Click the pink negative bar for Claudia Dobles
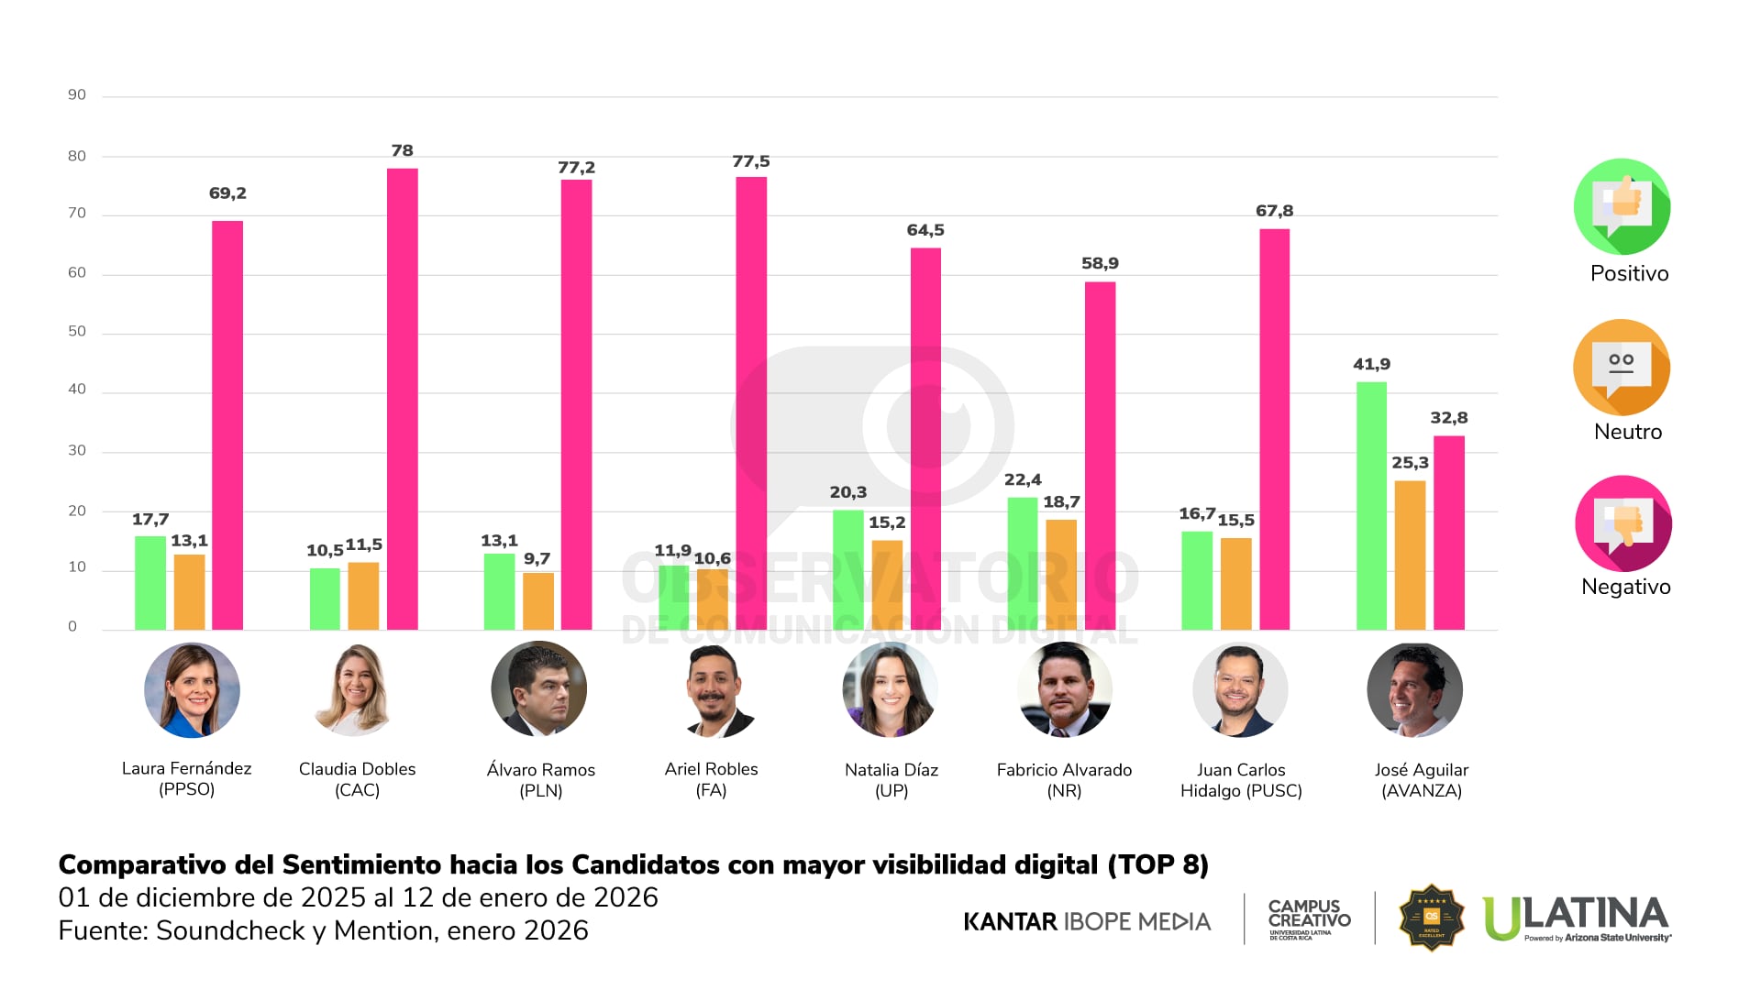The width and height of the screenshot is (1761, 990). coord(402,399)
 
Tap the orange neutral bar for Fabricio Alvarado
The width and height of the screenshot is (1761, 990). coord(1061,575)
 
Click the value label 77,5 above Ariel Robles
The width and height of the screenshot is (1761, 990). coord(750,162)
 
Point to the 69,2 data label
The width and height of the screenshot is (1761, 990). coord(227,193)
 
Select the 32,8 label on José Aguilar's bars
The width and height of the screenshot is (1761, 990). coord(1448,418)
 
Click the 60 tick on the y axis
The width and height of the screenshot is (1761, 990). coord(77,273)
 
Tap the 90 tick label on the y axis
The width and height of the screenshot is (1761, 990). coord(77,95)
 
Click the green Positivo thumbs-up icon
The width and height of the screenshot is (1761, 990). coord(1622,206)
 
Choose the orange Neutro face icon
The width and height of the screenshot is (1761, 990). coord(1622,368)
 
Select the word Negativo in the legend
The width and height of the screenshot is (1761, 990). coord(1625,587)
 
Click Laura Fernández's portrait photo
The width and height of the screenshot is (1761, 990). coord(192,690)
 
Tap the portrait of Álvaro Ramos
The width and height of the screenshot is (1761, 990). coord(539,689)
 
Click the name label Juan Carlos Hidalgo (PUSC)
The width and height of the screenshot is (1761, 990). coord(1241,780)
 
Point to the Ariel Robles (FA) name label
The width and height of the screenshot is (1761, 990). coord(711,779)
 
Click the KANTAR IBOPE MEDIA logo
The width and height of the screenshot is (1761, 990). coord(1087,921)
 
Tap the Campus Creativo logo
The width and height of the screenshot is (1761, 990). coord(1309,918)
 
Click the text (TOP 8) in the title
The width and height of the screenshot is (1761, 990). coord(1157,865)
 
